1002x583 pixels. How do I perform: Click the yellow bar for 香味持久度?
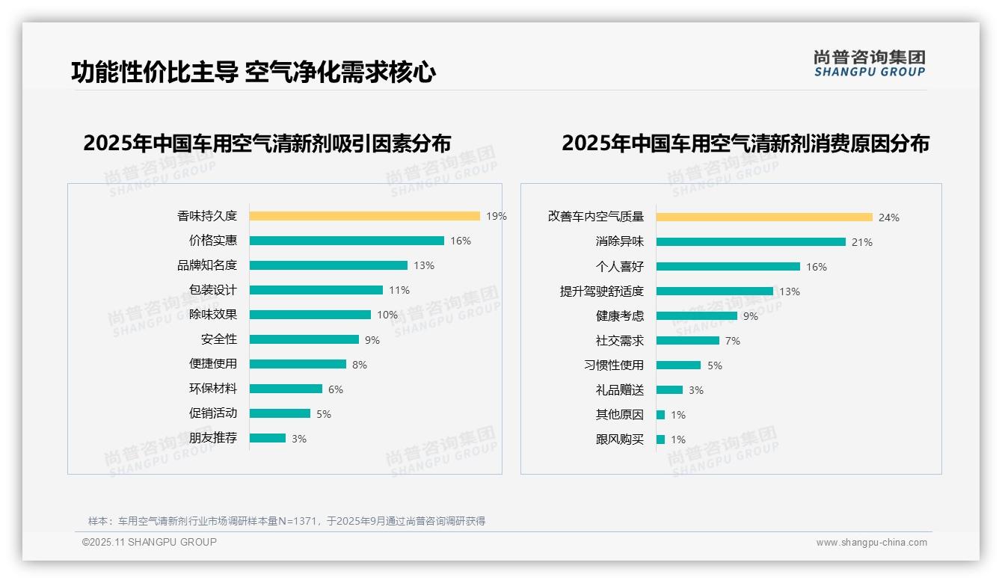364,216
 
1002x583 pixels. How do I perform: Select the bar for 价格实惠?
346,241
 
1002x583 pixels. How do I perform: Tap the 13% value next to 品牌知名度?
424,265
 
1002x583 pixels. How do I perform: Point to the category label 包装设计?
212,290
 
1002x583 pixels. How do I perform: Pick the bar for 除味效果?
310,315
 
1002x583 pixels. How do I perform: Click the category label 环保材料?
212,389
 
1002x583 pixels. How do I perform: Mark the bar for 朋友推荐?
267,438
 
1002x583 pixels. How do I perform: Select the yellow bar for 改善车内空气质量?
764,218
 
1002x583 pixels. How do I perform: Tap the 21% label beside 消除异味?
862,242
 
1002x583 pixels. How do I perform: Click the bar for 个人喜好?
728,267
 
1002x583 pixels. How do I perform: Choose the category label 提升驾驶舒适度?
601,291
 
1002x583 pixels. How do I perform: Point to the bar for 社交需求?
687,341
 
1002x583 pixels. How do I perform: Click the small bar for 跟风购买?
660,439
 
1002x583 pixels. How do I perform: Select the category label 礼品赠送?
619,390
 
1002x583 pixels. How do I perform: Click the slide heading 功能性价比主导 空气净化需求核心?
253,73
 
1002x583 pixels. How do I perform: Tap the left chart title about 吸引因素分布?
267,144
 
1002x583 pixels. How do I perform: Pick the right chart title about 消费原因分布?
745,144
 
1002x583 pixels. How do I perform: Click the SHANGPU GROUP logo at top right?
869,64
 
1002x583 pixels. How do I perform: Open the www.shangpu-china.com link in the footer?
871,543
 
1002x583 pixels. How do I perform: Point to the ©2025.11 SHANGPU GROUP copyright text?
150,542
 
